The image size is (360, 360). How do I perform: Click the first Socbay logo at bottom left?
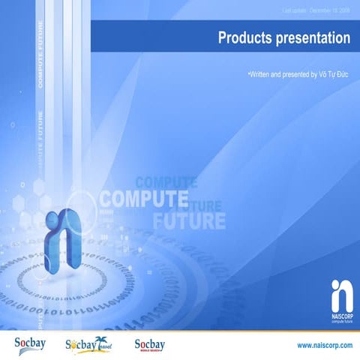31,343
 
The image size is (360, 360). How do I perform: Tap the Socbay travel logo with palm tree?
87,344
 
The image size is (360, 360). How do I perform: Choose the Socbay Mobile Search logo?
149,344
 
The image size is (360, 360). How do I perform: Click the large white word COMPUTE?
142,200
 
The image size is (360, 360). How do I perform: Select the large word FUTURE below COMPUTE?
189,221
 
